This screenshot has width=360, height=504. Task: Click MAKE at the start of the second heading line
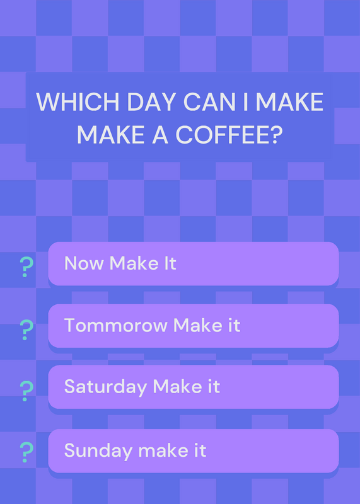click(111, 134)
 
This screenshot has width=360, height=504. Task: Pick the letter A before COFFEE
click(160, 134)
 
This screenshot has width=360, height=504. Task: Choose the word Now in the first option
click(84, 263)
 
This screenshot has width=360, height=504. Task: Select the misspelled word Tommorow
click(116, 325)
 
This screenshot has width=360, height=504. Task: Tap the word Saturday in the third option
click(105, 387)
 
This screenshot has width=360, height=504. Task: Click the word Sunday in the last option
click(98, 450)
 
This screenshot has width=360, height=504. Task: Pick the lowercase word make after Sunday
click(163, 450)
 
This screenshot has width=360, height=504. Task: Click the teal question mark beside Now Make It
click(26, 267)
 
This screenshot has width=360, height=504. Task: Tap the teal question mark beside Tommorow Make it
click(26, 329)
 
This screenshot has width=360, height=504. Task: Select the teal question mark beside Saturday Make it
click(26, 391)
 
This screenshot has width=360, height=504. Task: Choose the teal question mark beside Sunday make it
click(26, 452)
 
